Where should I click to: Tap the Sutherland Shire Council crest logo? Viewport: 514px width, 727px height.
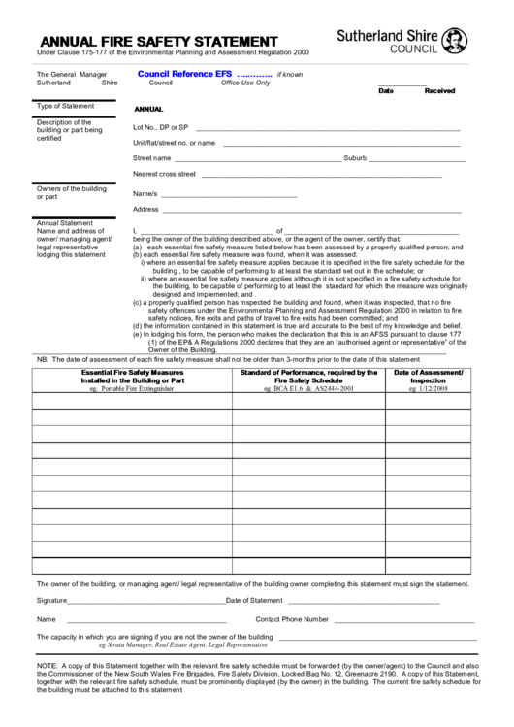[452, 39]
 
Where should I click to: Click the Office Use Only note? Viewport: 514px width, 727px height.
[245, 83]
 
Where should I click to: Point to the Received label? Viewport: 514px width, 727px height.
[439, 90]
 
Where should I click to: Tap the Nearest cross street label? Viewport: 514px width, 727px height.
[164, 174]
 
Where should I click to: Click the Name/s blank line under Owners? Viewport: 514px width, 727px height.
[228, 193]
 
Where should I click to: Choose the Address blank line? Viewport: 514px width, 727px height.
[310, 209]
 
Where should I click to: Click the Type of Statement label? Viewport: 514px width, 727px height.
[65, 106]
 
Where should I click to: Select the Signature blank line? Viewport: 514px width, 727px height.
[146, 601]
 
